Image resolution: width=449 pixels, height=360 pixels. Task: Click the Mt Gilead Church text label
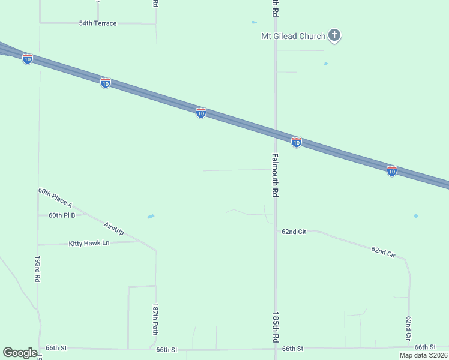tap(292, 36)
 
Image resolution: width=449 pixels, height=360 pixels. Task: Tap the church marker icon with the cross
tap(335, 36)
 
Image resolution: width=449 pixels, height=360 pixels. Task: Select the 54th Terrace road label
tap(98, 23)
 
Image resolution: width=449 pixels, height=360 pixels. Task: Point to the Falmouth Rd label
tap(275, 176)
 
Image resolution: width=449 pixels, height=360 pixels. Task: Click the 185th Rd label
tap(276, 327)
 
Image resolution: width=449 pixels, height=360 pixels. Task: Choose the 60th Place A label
tap(55, 197)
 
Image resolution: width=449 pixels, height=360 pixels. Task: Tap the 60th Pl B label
tap(62, 215)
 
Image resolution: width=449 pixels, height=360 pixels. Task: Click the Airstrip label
tap(113, 229)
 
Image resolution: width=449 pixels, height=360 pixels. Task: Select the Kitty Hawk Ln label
tap(89, 243)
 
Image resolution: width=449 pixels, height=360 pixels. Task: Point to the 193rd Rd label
tap(38, 269)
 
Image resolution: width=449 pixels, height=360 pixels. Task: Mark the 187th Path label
tap(155, 319)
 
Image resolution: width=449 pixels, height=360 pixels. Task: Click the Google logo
tap(20, 353)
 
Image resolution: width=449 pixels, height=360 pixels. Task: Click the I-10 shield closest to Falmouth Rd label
tap(296, 142)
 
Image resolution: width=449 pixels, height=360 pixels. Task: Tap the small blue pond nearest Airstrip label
tap(151, 217)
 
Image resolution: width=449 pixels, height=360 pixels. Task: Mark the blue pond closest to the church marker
tap(326, 63)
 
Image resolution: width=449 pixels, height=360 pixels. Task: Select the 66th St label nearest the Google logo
tap(56, 348)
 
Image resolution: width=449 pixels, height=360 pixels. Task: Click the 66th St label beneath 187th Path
tap(167, 349)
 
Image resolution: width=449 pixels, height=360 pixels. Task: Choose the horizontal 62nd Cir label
tap(294, 231)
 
